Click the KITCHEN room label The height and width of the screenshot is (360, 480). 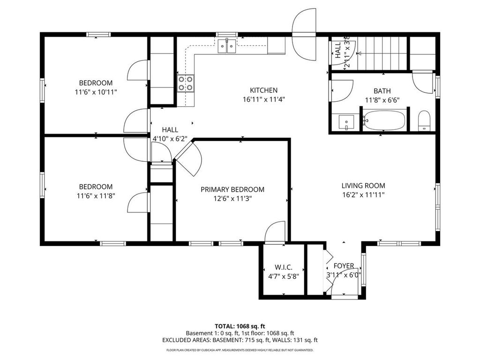[263, 90]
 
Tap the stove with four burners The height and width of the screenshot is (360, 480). [186, 83]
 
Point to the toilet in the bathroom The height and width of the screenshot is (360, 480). [424, 121]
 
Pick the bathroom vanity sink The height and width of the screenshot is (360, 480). [345, 122]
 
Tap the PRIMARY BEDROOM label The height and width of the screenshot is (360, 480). [232, 189]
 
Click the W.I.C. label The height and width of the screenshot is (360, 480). [284, 267]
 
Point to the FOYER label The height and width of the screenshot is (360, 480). [344, 266]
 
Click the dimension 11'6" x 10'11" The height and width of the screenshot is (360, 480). [96, 92]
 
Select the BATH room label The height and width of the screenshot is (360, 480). [382, 91]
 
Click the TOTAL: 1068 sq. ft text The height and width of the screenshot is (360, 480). [240, 326]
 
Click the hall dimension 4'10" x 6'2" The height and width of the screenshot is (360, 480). [170, 138]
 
